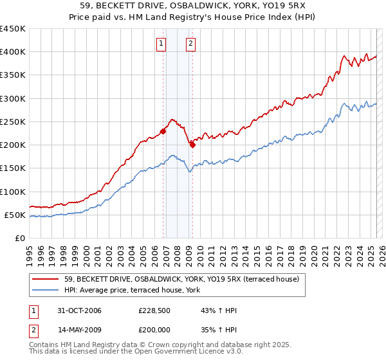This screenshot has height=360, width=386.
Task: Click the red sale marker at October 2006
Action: [x=163, y=132]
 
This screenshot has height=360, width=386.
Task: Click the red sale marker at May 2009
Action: [x=192, y=145]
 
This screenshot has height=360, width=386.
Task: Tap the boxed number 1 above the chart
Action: [x=160, y=44]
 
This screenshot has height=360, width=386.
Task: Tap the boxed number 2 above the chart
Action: [x=191, y=44]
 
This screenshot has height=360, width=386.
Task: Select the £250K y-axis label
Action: [x=13, y=122]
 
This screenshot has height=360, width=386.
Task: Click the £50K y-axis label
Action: [x=15, y=215]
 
